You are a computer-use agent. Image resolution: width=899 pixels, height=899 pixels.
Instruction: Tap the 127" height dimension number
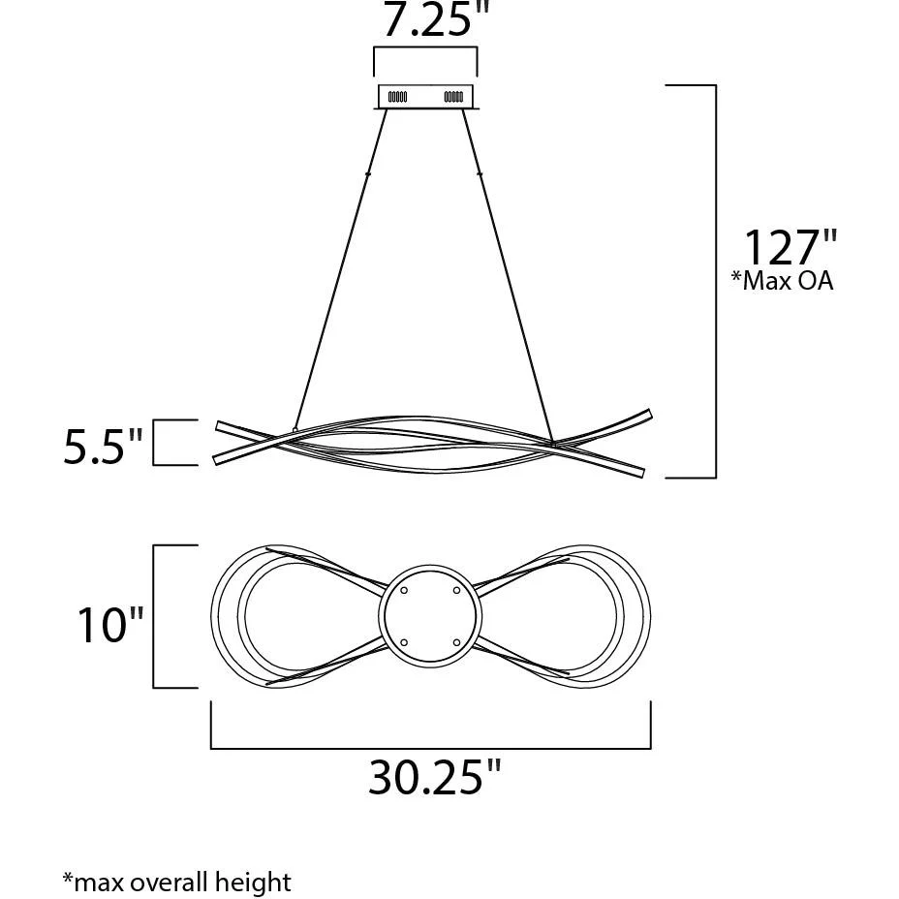(790, 247)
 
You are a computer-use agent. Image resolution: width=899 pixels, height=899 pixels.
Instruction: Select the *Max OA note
(782, 281)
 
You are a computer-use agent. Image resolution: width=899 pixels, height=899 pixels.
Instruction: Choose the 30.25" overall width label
(434, 777)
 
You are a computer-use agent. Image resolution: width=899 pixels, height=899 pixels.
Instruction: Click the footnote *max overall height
(176, 882)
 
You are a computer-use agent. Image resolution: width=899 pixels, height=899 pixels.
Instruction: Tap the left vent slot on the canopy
(397, 97)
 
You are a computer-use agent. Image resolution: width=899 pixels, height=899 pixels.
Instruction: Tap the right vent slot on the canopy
(453, 97)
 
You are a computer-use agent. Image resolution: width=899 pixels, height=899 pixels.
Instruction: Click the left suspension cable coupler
(367, 174)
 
